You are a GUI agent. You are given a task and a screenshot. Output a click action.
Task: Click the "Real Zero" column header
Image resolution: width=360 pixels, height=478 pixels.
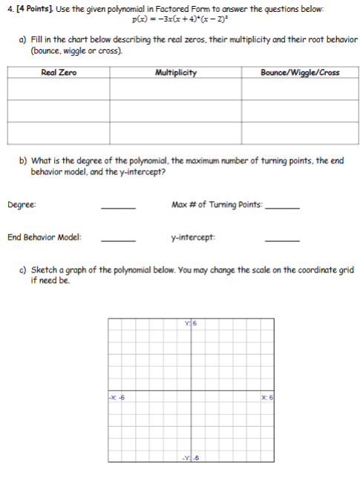[59, 72]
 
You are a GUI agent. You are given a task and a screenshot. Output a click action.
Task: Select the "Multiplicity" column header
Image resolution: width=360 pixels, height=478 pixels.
[176, 72]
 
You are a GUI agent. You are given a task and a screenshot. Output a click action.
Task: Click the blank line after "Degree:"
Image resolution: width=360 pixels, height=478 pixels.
[118, 207]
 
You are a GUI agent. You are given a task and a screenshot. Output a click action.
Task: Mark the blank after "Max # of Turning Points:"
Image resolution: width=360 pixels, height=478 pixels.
[283, 207]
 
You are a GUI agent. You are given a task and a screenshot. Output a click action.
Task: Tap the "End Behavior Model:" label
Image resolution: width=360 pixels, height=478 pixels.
[45, 238]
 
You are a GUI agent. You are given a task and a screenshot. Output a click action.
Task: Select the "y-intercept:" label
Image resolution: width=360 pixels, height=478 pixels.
[192, 238]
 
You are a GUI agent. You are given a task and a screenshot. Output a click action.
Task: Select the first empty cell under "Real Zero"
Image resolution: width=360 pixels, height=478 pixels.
[59, 88]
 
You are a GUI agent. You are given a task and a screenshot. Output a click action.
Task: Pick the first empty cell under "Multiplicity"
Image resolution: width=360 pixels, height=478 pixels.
[176, 88]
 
